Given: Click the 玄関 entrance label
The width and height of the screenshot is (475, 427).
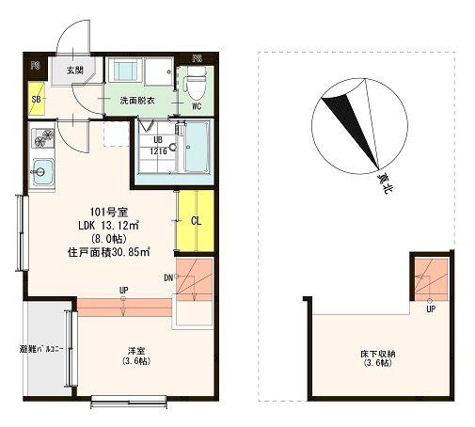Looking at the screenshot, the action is [75, 71].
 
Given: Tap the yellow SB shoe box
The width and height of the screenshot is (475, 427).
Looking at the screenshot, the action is [37, 99].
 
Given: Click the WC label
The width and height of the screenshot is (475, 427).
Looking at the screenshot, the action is [197, 106].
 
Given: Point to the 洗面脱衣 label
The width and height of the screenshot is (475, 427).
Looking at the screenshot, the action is [137, 101].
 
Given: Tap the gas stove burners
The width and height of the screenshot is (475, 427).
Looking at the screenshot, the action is [43, 138].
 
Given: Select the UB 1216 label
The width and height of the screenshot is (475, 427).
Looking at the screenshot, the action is [158, 146].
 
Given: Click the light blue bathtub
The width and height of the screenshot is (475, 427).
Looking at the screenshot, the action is [196, 147].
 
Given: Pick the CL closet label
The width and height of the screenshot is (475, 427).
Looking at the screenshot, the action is [196, 221].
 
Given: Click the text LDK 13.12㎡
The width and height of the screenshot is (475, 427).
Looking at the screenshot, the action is [108, 226].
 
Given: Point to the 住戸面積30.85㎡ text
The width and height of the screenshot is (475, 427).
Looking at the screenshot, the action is [108, 252].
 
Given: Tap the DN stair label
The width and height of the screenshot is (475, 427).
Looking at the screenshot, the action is [168, 277].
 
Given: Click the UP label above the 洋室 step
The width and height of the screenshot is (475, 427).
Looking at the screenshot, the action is [124, 291].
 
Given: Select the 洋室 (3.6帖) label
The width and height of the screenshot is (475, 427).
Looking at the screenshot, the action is [136, 356].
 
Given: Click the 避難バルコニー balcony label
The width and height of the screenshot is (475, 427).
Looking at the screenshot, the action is [41, 349].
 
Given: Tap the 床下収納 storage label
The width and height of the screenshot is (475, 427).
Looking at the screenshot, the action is [378, 358].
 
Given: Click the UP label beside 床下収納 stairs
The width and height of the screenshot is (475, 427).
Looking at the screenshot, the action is [431, 309].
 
